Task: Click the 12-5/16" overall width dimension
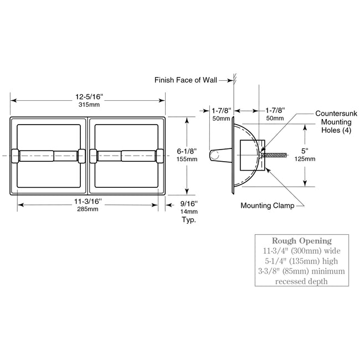(x=87, y=96)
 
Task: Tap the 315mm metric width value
(x=87, y=104)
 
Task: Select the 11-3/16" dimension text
(x=87, y=200)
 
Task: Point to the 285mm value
(x=87, y=209)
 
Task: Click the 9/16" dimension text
(x=189, y=203)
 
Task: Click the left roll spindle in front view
(x=48, y=156)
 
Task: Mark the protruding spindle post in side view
(x=219, y=156)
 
